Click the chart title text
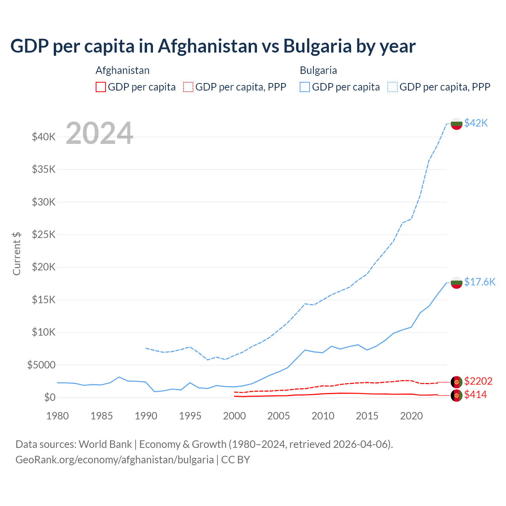[x=213, y=46]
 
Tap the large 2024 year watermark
[x=99, y=134]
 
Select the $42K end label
[x=476, y=123]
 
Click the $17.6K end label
[x=480, y=282]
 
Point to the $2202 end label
[x=478, y=381]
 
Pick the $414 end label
[x=476, y=395]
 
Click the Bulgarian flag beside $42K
[x=457, y=123]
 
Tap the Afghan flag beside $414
[x=457, y=395]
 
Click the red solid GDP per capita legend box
[x=101, y=87]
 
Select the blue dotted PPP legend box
[x=393, y=87]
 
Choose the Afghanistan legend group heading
[x=123, y=70]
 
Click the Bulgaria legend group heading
[x=318, y=70]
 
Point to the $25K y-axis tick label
[x=43, y=234]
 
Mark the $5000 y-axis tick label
[x=41, y=365]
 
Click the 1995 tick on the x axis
[x=190, y=416]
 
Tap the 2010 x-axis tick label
[x=323, y=416]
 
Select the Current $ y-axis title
[x=17, y=253]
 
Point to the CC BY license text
[x=236, y=460]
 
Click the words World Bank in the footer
[x=105, y=444]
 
